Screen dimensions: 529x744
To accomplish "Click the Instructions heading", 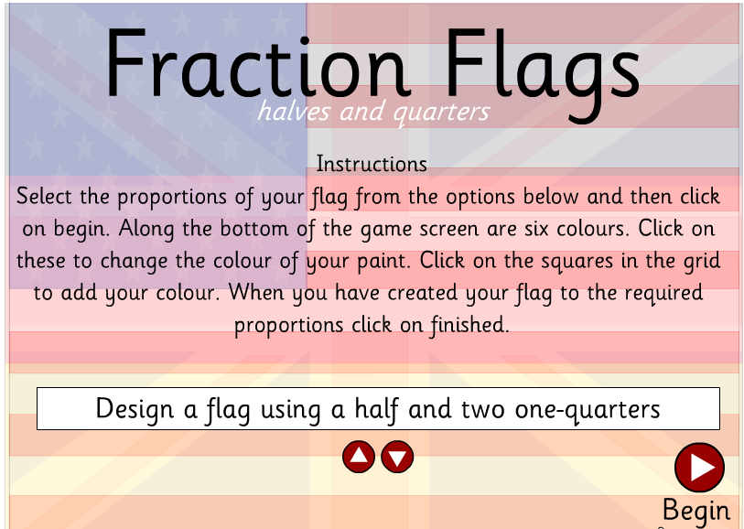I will click(371, 164).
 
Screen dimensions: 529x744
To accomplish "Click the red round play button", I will click(699, 468).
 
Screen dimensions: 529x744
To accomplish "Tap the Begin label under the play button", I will click(696, 510).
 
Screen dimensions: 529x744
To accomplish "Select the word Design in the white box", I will click(135, 408).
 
